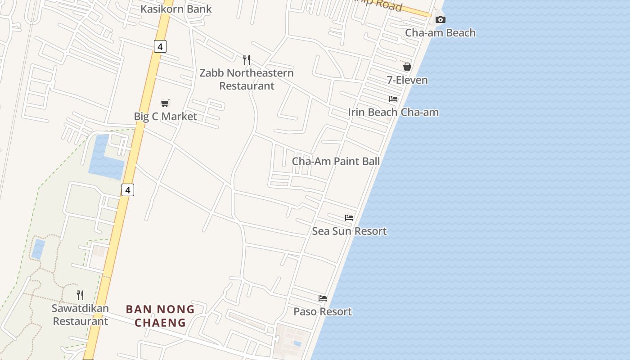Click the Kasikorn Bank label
click(x=176, y=9)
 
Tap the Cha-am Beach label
click(x=440, y=33)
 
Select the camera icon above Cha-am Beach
click(x=441, y=19)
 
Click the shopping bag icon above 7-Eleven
click(x=407, y=67)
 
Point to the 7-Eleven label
click(x=407, y=80)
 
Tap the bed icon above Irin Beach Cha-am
click(x=393, y=99)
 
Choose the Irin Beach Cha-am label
click(x=393, y=112)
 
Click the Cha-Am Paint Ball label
click(x=336, y=161)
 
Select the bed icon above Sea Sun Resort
click(x=349, y=218)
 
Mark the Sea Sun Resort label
click(x=349, y=231)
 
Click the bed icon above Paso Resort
click(x=323, y=298)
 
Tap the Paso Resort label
click(x=323, y=311)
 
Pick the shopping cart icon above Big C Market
click(x=165, y=103)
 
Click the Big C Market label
click(x=166, y=117)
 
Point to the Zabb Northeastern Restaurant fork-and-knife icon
click(x=247, y=59)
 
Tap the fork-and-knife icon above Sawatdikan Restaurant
click(x=80, y=295)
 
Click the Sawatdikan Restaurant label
click(x=80, y=315)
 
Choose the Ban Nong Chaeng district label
click(x=160, y=316)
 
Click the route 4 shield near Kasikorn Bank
click(x=160, y=46)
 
